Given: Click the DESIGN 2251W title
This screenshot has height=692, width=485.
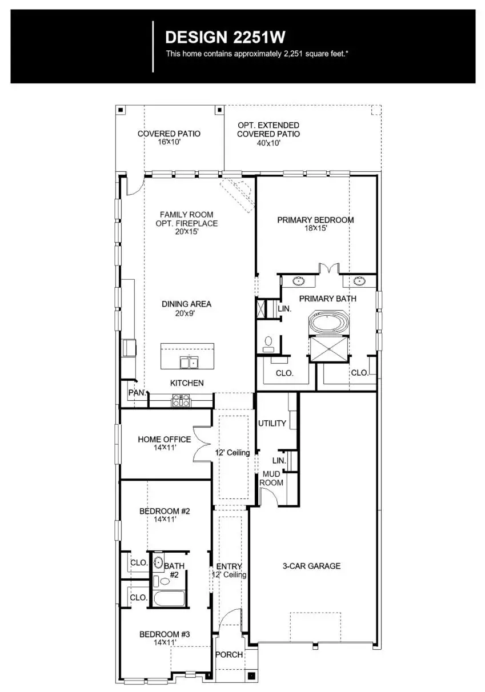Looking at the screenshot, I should [225, 38].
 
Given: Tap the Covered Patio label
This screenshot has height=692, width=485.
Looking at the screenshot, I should [169, 134].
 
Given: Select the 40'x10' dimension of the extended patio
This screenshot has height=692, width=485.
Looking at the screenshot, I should [268, 143].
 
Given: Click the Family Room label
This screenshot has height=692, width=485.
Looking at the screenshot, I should [186, 215].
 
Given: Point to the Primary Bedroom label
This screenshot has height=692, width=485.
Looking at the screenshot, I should [315, 220].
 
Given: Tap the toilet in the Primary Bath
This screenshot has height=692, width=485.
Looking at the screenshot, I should [268, 343].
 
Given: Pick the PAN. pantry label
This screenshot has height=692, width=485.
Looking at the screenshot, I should [137, 393].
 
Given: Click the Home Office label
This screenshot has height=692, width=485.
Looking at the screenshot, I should [165, 440].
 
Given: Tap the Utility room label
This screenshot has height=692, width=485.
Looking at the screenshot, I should [272, 424].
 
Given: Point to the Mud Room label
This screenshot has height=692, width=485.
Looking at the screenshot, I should [271, 478].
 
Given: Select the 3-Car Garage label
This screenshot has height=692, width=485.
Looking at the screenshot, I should [311, 566].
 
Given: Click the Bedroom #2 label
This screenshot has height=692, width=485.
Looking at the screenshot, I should [164, 510].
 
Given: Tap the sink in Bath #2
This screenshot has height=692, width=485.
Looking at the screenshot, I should [159, 562].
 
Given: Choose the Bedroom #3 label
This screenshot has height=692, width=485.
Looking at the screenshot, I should [164, 634].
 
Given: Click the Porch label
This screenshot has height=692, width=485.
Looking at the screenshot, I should [229, 654].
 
